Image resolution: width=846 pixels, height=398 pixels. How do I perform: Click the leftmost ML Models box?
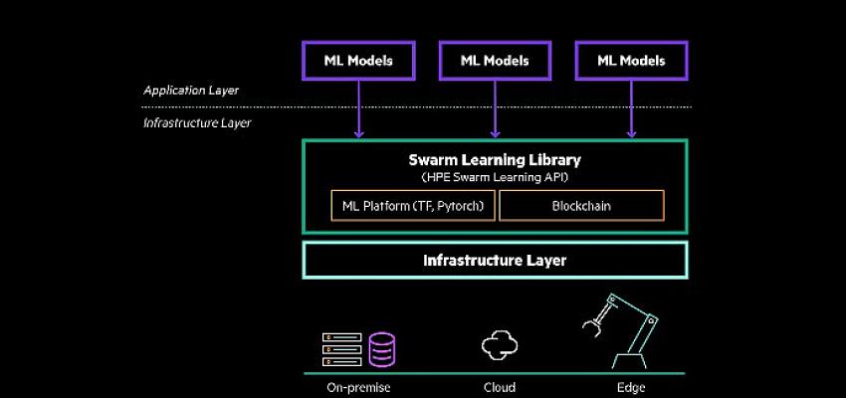point(358,61)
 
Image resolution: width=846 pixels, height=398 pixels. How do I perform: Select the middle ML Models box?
point(495,61)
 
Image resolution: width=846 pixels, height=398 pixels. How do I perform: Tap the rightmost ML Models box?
point(631,61)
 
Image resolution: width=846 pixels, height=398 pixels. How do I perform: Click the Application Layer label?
point(191,91)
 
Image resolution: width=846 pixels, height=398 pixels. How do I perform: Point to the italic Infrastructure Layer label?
point(197,123)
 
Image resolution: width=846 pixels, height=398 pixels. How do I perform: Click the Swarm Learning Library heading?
point(495,159)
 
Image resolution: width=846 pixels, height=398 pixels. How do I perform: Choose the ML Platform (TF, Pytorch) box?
point(412,206)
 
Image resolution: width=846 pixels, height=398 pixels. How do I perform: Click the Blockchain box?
point(581,206)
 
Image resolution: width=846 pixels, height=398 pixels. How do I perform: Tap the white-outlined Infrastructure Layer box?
point(495,261)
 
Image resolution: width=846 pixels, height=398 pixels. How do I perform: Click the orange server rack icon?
point(341,349)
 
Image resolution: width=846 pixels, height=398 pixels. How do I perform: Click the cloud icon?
point(500,346)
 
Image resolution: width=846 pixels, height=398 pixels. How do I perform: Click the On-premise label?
point(357,387)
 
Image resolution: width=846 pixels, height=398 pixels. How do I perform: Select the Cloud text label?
point(500,387)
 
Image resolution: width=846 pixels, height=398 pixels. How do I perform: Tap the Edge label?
point(631,387)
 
